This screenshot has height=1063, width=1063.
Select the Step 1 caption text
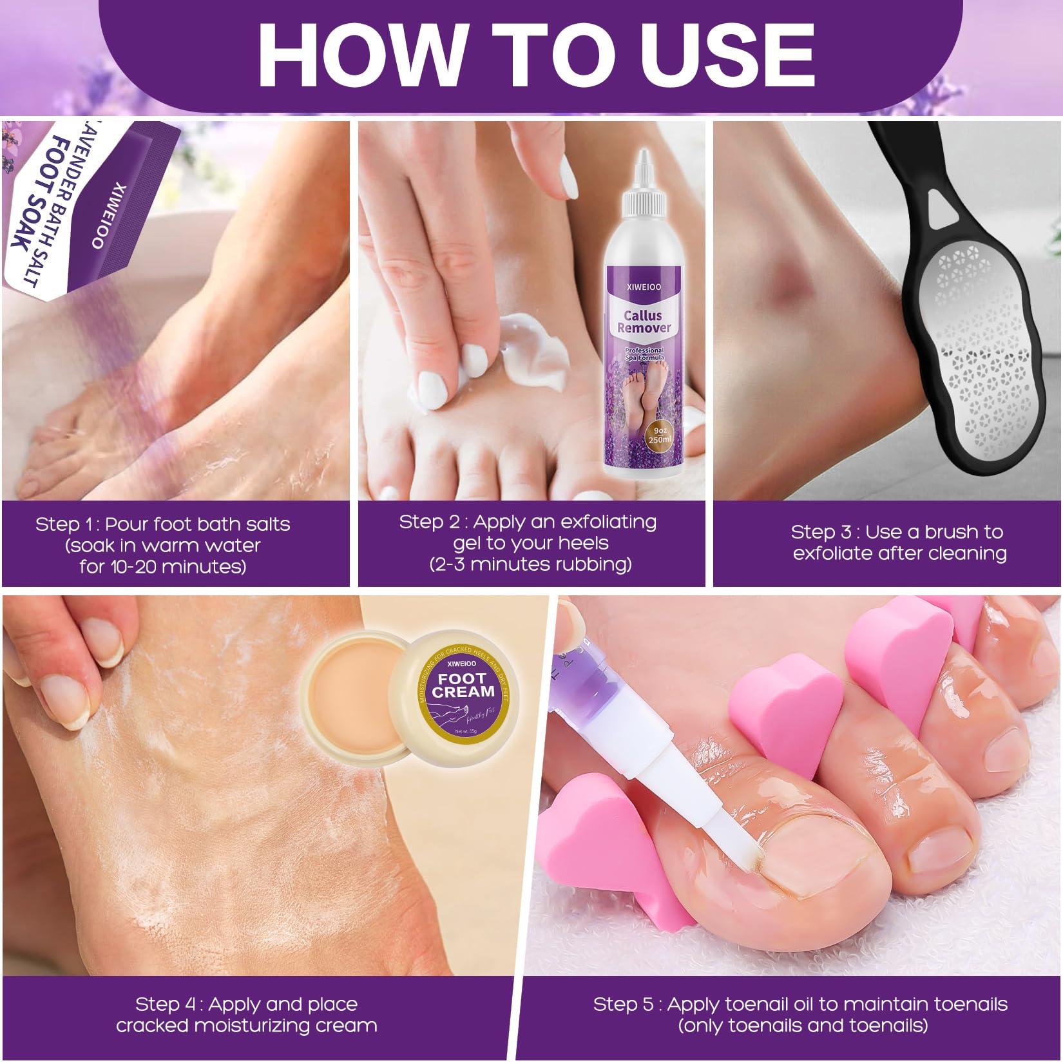(162, 545)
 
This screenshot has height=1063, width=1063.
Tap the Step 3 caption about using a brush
(899, 542)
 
